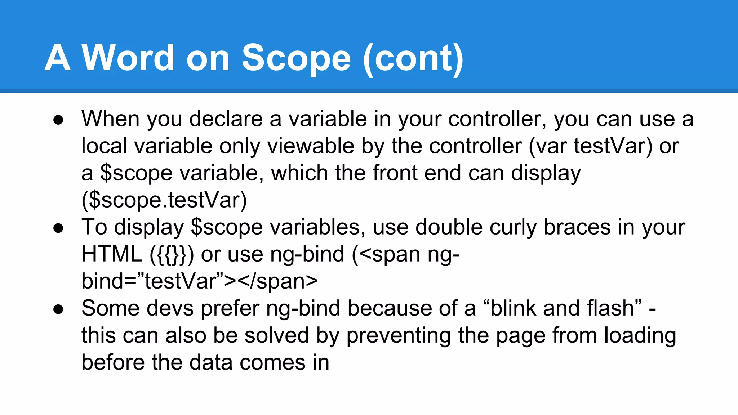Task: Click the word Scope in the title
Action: click(296, 58)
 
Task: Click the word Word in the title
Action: click(128, 58)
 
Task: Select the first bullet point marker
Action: click(58, 120)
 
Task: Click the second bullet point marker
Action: click(58, 228)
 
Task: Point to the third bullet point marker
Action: click(58, 309)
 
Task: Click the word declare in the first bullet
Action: click(226, 119)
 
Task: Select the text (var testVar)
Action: click(590, 146)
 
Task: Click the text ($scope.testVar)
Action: click(164, 200)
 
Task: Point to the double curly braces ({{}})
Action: click(172, 254)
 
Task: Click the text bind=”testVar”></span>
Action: click(199, 281)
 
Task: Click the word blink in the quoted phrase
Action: click(512, 308)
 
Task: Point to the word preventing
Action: click(399, 336)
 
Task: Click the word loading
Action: click(640, 336)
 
